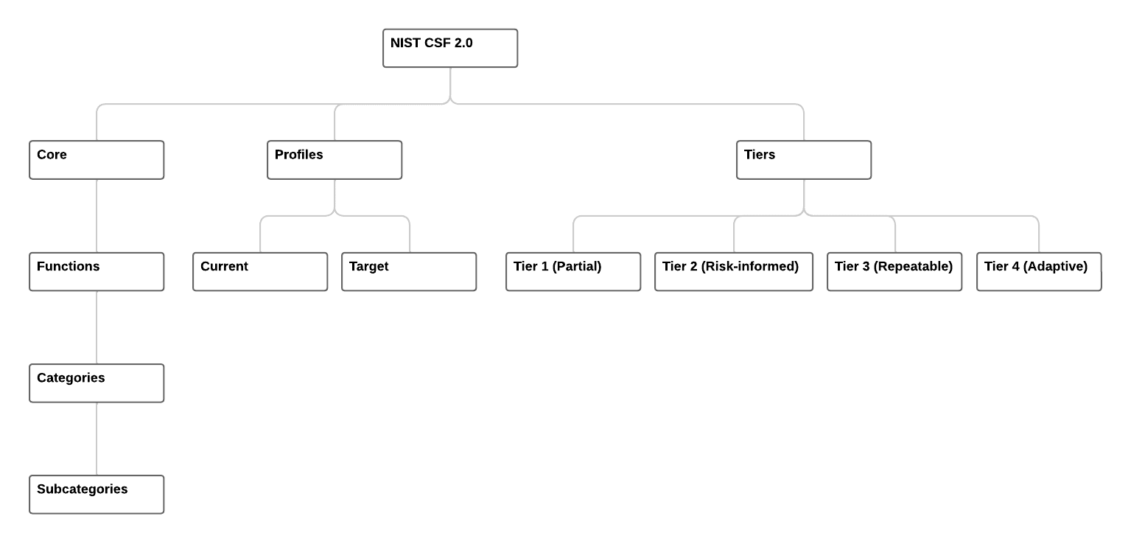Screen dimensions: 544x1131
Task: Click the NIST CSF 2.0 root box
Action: click(x=450, y=48)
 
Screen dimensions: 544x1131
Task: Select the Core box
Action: click(x=97, y=160)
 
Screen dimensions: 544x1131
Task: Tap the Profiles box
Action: click(x=335, y=160)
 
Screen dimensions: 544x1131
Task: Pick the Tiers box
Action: click(x=804, y=160)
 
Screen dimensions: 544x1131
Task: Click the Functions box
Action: click(x=97, y=272)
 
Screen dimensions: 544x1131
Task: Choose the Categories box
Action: click(x=97, y=383)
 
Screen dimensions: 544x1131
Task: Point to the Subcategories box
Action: click(x=97, y=495)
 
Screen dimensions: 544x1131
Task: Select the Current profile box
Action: click(x=260, y=272)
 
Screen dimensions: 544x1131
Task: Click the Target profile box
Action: click(x=409, y=272)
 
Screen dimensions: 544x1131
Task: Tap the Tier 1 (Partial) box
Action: click(x=573, y=272)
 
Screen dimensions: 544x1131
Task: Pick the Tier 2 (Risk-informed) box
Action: click(x=734, y=272)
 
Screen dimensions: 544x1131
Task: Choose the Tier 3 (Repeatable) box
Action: click(x=894, y=272)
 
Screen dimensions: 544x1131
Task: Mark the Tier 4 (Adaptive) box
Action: click(x=1039, y=272)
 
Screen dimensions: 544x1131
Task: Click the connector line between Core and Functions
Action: click(x=97, y=216)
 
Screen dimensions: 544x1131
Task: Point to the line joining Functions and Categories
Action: click(x=97, y=327)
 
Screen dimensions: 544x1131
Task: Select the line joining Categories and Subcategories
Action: click(x=97, y=439)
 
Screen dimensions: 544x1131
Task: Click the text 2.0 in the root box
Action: click(x=463, y=43)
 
